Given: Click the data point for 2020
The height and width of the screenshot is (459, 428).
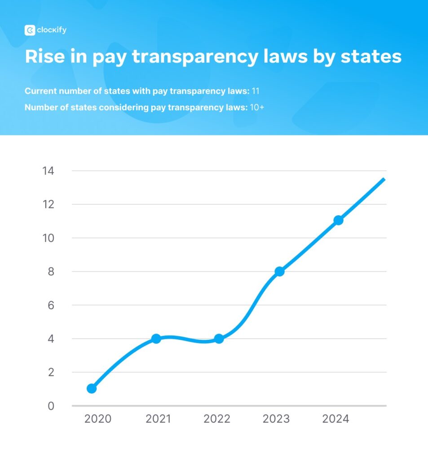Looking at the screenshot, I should [x=92, y=388].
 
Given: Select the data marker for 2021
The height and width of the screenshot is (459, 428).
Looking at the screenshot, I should [x=156, y=339].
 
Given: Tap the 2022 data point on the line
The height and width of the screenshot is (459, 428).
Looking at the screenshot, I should [x=219, y=339].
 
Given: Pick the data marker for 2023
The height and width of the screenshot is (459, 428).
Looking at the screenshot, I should [x=279, y=271].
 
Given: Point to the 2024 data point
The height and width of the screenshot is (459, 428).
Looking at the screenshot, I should [x=339, y=220].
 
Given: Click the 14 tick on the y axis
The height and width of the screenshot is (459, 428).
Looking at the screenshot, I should [x=48, y=171].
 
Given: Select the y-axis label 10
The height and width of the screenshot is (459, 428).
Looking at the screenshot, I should [x=48, y=238].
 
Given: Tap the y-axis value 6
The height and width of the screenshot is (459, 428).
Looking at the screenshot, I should [x=50, y=305].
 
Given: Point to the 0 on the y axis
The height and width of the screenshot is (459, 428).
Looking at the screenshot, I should [x=51, y=406].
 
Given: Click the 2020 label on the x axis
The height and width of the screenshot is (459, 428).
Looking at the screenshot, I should [x=97, y=419].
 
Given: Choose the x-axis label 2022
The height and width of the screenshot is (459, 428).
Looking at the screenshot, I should [x=216, y=419].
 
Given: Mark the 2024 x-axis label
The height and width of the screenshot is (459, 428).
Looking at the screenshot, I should [x=335, y=419].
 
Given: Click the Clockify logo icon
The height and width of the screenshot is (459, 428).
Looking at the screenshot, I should [x=30, y=30].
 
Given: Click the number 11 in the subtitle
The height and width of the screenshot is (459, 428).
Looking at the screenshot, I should [x=256, y=91].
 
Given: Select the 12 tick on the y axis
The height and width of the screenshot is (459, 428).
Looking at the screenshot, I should [x=48, y=204].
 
